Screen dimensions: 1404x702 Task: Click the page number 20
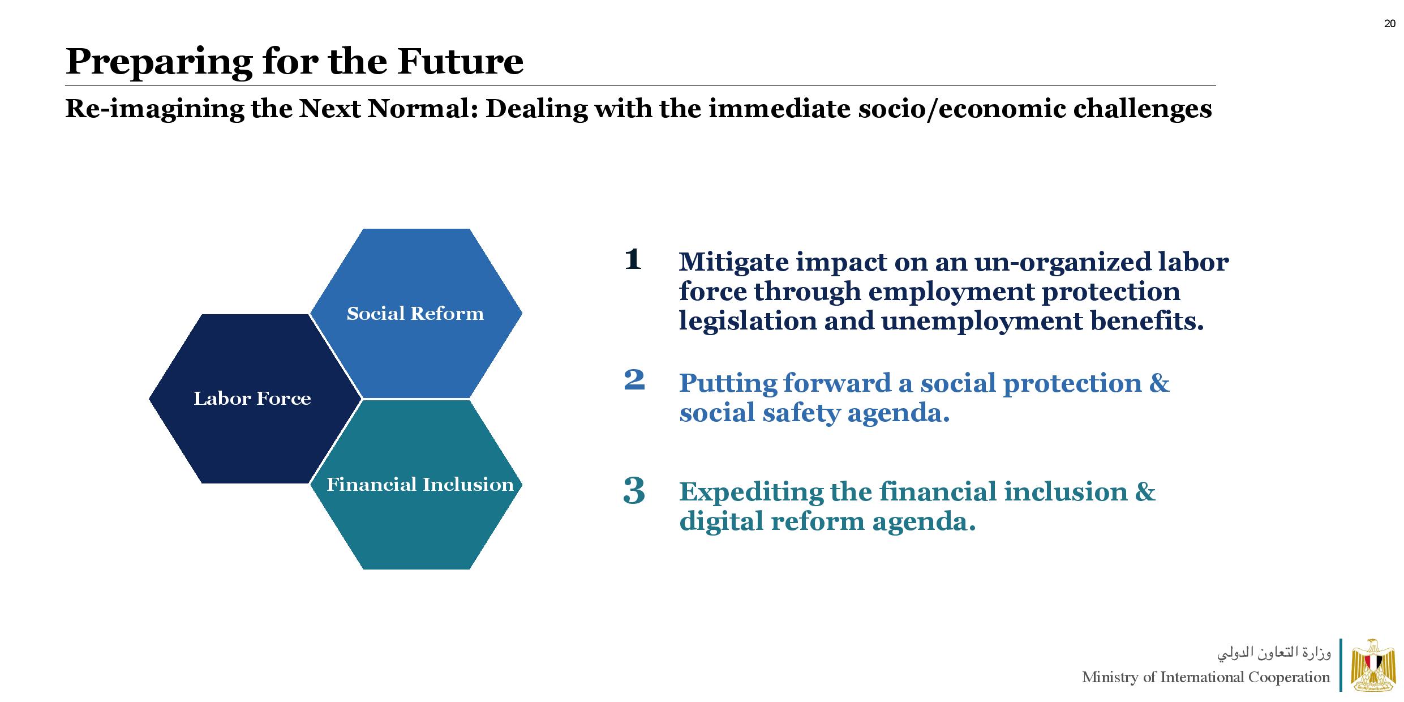[x=1389, y=24]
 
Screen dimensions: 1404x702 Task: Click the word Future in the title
[x=460, y=61]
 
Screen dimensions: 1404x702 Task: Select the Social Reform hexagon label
[x=415, y=314]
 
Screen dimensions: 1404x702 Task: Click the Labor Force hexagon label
[x=252, y=399]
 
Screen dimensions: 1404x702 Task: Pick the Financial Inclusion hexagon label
[x=420, y=485]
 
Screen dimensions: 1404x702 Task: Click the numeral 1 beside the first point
[x=633, y=260]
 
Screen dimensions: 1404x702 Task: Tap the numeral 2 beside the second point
[x=634, y=379]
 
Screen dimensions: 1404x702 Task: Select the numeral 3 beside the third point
[x=634, y=490]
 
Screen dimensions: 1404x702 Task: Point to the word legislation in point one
[x=748, y=321]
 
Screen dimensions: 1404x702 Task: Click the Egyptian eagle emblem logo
[x=1373, y=665]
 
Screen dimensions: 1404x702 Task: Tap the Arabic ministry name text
[x=1274, y=653]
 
